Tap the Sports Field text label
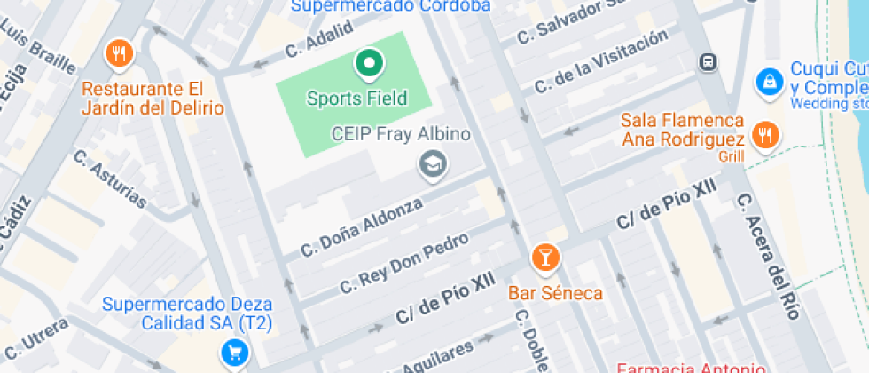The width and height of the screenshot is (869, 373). [x=356, y=98]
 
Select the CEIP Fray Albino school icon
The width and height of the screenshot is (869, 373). [x=434, y=163]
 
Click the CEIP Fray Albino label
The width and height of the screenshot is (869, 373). [x=400, y=134]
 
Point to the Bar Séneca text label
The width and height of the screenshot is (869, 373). [x=555, y=293]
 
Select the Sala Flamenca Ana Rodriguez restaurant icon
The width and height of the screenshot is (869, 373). [x=762, y=136]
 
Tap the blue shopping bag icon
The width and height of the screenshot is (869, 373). [x=768, y=82]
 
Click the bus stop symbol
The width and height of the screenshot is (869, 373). [x=708, y=62]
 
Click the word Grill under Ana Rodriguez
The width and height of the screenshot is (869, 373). [x=732, y=157]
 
